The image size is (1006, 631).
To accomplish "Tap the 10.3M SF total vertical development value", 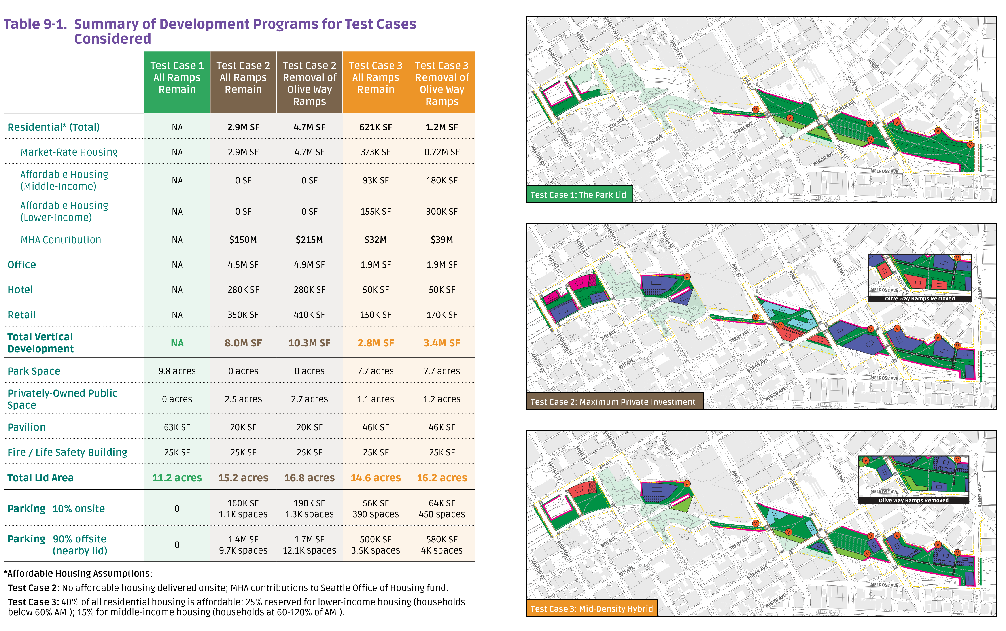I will [309, 343].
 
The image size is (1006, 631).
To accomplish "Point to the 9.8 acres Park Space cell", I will [177, 371].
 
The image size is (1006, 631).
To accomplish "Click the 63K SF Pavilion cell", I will [177, 427].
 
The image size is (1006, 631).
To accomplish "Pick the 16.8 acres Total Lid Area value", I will [309, 478].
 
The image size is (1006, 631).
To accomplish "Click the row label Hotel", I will [20, 290].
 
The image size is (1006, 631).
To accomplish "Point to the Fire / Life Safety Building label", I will [67, 452].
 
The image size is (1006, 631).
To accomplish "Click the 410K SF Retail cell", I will [309, 315].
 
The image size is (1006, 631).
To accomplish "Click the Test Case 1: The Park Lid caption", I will [578, 195].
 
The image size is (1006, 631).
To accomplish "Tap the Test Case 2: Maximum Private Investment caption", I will [613, 402].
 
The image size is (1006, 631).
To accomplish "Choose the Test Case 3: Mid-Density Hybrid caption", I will [591, 609].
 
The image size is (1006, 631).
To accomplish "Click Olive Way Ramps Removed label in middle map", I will [920, 299].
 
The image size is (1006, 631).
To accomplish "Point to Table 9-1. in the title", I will [35, 24].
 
